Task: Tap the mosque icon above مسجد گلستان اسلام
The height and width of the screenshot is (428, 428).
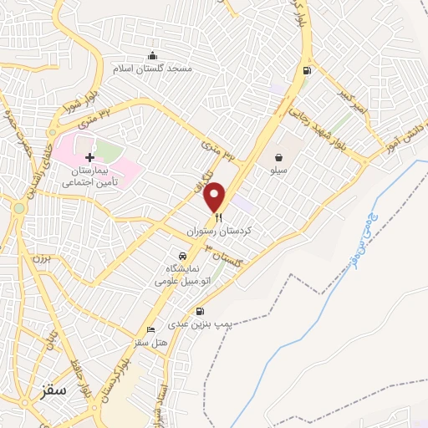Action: [x=152, y=55]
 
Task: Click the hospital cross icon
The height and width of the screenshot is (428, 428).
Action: [x=89, y=157]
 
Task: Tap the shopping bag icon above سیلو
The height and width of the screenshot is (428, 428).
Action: [x=278, y=156]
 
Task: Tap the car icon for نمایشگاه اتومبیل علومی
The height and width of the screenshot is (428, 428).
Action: [x=180, y=255]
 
